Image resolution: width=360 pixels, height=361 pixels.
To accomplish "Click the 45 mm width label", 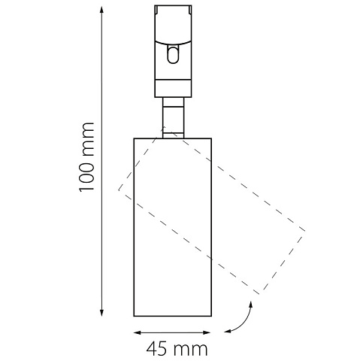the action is [177, 349].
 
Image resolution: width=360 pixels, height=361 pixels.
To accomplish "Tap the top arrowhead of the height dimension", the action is [101, 9].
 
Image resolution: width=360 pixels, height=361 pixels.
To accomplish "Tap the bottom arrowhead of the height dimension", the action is [101, 314].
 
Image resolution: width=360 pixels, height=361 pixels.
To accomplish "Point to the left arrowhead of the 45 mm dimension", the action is [138, 332].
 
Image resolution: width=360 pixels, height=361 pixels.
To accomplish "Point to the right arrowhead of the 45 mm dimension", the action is [207, 332].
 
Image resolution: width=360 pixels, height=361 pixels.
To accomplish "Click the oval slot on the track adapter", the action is [173, 54].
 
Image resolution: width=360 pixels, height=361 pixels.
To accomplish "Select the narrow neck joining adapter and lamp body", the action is [173, 117].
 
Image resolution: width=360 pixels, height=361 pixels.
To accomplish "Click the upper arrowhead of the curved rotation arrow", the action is [250, 305].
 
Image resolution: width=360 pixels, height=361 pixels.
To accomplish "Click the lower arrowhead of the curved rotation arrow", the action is [227, 332].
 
